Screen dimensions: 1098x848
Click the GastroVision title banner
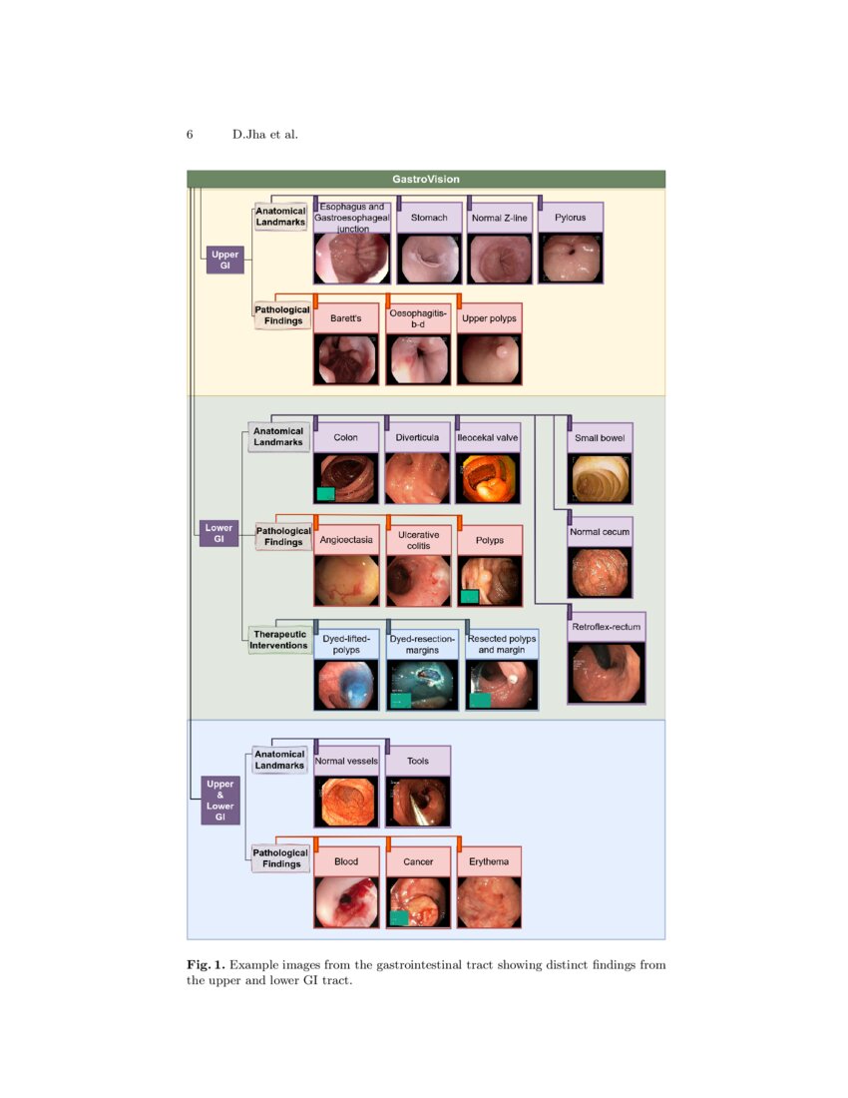tap(426, 179)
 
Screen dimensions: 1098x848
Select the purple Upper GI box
tap(218, 261)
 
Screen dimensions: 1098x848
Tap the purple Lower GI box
tap(218, 533)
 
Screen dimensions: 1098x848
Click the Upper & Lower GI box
tap(219, 801)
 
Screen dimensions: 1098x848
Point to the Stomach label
tap(429, 218)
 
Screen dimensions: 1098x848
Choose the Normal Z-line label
tap(500, 218)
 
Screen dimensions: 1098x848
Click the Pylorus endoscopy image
tap(571, 259)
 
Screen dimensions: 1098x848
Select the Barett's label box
tap(345, 318)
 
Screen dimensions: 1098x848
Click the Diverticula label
tap(417, 437)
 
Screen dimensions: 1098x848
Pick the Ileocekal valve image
tap(487, 478)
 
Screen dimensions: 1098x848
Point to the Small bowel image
tap(600, 478)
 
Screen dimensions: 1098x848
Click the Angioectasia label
tap(346, 540)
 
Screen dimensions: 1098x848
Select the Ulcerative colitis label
tap(418, 540)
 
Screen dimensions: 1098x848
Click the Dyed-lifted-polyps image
tap(346, 684)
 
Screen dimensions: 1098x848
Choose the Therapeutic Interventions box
tap(279, 640)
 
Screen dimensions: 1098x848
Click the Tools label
tap(418, 761)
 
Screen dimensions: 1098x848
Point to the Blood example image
tap(346, 902)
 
